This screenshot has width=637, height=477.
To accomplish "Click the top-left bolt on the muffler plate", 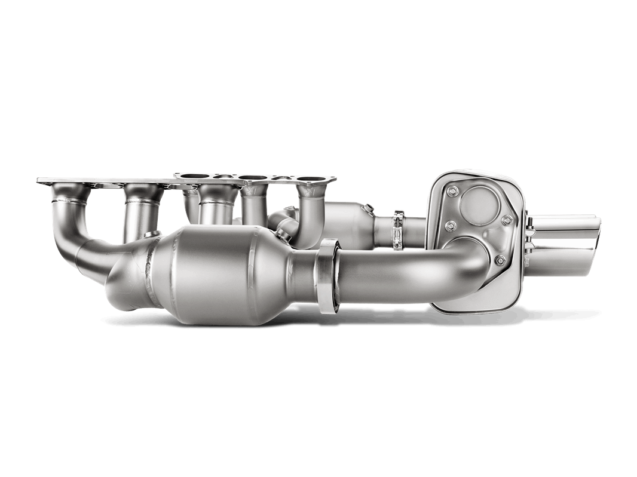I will point(452,192).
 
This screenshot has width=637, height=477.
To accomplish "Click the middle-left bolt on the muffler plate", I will point(452,224).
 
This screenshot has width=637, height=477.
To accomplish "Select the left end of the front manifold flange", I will point(42,180).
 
